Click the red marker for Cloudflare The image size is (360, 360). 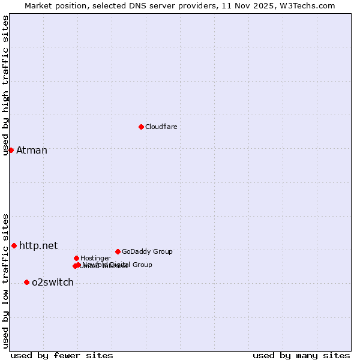point(141,127)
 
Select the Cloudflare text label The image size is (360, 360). point(161,127)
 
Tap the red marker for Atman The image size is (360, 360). point(11,150)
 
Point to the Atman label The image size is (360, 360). point(31,150)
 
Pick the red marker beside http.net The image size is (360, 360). point(14,245)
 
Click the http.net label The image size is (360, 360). point(38,245)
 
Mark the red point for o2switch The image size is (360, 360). point(26,282)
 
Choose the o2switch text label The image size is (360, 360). point(53,282)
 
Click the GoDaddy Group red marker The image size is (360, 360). point(118,251)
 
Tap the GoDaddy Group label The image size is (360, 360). point(147,251)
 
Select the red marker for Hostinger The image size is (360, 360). point(76,258)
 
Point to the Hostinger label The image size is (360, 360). point(95,258)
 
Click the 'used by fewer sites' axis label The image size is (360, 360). point(62,355)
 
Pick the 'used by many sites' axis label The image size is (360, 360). point(301,355)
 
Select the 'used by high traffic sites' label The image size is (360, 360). point(5,85)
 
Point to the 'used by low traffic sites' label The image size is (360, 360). point(5,280)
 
